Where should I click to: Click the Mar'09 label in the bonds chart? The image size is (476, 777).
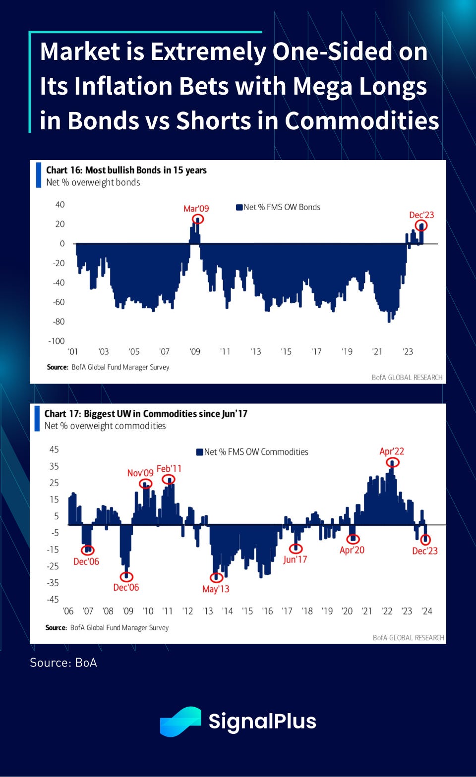196,209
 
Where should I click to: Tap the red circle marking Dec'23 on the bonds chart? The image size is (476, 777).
421,226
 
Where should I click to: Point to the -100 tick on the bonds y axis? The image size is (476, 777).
57,341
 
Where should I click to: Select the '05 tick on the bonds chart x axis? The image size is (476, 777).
134,352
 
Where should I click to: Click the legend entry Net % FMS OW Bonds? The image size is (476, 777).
278,207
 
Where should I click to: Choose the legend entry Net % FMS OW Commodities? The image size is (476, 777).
252,452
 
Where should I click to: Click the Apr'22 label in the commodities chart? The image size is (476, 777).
392,451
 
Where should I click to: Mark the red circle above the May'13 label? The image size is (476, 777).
216,577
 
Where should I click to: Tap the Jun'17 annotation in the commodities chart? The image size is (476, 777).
295,559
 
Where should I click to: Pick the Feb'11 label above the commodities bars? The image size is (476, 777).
169,468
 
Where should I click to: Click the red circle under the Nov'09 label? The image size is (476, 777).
146,484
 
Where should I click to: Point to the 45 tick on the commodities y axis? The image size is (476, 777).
54,449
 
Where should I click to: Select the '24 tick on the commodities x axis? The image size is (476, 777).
427,611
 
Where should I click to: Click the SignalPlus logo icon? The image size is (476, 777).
180,721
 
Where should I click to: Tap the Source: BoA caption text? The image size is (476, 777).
63,663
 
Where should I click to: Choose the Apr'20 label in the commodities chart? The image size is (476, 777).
352,550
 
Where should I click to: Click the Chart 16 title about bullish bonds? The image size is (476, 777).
126,170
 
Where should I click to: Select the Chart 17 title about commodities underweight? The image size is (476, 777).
146,414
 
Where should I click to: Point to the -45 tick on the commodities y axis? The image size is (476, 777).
53,600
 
